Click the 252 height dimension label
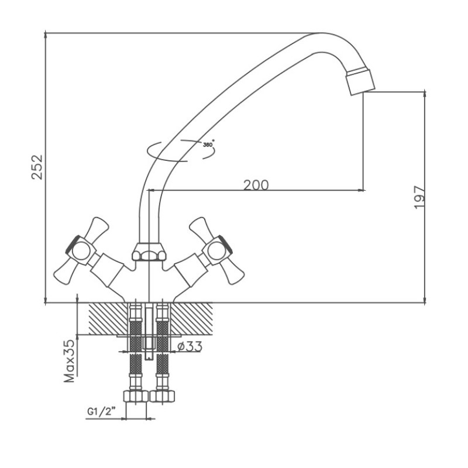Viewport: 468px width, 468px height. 37,167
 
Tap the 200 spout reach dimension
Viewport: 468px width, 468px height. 256,185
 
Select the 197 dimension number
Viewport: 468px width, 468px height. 419,197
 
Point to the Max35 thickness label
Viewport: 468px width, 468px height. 69,360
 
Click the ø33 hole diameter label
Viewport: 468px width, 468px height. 190,346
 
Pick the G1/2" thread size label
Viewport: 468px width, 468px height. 101,412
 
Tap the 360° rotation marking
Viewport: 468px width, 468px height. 208,144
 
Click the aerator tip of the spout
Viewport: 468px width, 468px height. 360,82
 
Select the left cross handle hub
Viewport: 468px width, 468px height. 81,251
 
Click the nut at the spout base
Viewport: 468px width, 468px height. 149,252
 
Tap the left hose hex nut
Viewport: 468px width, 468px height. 136,396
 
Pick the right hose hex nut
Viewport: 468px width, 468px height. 162,396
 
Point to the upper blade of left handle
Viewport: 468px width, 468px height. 97,229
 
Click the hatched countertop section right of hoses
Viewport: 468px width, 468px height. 191,318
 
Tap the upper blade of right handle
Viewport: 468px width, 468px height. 199,229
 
